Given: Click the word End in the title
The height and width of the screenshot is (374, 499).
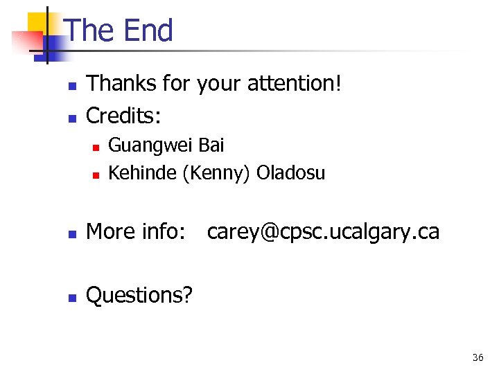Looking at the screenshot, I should click(148, 31).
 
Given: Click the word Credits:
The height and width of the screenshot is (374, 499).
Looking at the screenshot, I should click(121, 115).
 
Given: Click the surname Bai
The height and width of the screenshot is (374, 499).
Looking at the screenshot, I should click(211, 145).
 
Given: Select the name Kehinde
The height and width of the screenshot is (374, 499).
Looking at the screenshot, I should click(143, 173).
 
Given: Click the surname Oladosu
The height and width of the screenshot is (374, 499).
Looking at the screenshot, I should click(290, 173).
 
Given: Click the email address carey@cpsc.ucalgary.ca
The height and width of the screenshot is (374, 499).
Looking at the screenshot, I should click(323, 232).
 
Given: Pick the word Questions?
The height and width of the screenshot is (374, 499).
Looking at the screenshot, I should click(139, 295).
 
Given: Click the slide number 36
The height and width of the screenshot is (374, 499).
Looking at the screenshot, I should click(478, 358).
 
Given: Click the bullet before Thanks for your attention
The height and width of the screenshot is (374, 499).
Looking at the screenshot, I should click(71, 86).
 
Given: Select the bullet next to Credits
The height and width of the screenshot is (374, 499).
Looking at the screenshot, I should click(71, 117).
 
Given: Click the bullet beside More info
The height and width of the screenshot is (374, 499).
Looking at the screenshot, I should click(71, 233).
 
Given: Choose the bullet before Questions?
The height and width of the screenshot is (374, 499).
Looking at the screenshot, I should click(71, 297).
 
